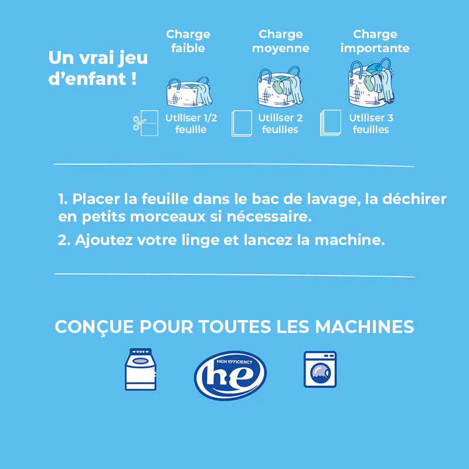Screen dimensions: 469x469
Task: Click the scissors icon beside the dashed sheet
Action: pos(139,123)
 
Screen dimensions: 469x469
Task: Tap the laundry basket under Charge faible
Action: pos(189,92)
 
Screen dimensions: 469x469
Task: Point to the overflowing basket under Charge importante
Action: pos(372,82)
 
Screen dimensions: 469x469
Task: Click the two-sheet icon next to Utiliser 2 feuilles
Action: pos(242,123)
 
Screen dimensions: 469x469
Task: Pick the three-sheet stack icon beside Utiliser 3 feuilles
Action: pos(331,123)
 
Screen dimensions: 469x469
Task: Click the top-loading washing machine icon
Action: pos(141,369)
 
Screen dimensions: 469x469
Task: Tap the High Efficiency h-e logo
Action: pos(230,375)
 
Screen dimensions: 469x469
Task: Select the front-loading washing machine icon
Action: pos(320,369)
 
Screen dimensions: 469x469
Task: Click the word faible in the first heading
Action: pos(188,48)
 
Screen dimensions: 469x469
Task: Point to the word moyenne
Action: pos(281,49)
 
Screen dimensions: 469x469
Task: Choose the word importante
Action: pos(375,49)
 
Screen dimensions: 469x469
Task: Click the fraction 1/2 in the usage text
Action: pos(210,118)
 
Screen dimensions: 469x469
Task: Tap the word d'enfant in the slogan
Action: pos(87,79)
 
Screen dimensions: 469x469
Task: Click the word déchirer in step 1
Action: pos(414,199)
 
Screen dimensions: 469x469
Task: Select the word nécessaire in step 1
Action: pos(269,217)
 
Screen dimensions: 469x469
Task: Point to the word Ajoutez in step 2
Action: pos(104,240)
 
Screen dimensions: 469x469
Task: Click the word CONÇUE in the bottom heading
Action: pos(94,327)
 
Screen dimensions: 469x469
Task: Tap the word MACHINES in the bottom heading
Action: pos(364,327)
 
